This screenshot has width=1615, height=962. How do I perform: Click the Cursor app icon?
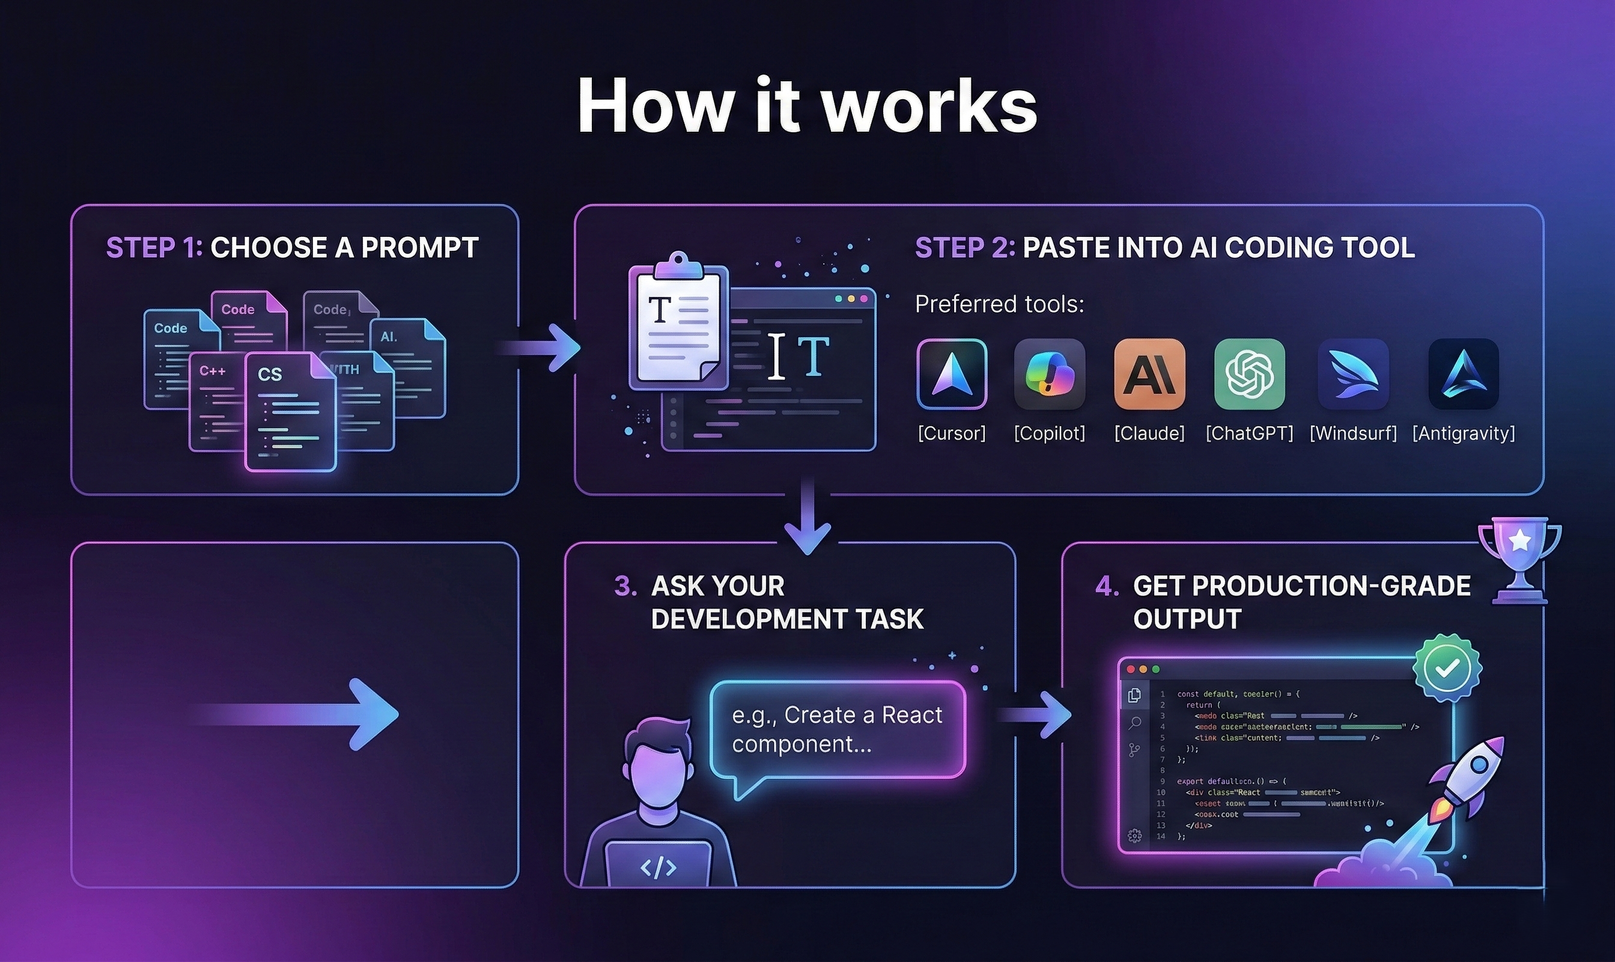coord(952,374)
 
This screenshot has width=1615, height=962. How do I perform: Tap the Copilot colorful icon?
coord(1050,374)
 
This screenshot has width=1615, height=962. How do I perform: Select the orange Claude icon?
coord(1149,374)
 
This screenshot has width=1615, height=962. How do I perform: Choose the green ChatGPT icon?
coord(1249,374)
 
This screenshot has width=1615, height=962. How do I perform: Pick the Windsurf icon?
coord(1353,374)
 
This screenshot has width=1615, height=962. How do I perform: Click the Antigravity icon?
coord(1464,374)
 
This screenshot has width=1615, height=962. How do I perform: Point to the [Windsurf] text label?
coord(1353,433)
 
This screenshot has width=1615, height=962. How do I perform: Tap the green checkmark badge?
coord(1448,669)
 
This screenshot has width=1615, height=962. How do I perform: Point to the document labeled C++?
coord(214,402)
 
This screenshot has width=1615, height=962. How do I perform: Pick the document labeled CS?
coord(290,412)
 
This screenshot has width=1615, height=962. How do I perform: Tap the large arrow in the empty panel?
coord(298,714)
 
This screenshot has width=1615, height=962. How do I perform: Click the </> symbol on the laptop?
coord(657,867)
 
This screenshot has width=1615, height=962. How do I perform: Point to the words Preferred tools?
coord(999,304)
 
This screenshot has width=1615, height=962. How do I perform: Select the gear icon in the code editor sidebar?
coord(1134,836)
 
